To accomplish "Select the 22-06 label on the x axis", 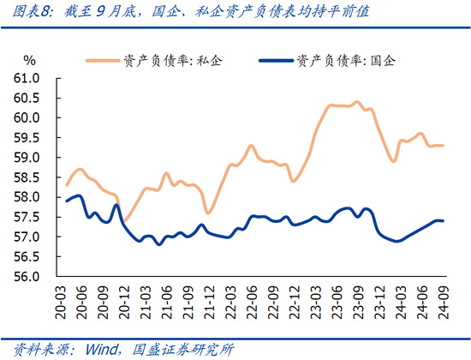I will [x=254, y=299].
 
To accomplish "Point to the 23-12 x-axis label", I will [x=379, y=299].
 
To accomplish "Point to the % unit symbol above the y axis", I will [x=29, y=61].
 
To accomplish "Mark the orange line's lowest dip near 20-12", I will [x=124, y=221].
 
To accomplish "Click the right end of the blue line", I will [x=442, y=221].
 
